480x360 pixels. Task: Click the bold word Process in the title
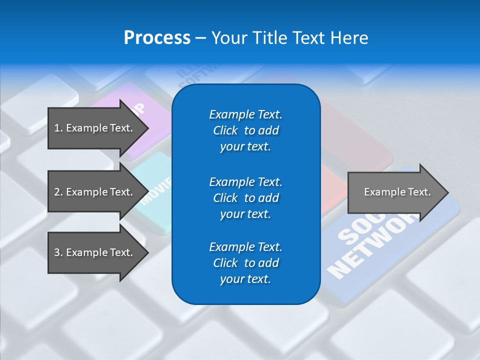(x=157, y=38)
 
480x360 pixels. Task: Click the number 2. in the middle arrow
(x=58, y=192)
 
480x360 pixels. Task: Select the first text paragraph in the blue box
(x=245, y=130)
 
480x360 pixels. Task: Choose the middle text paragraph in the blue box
(x=245, y=197)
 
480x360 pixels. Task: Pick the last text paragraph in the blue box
(x=245, y=263)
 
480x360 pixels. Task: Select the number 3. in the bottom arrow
(x=58, y=252)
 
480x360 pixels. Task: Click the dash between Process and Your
(x=200, y=38)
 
